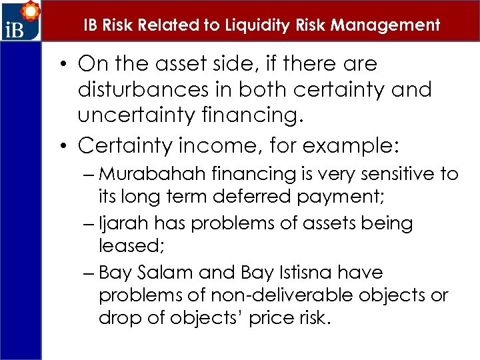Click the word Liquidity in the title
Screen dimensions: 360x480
[x=250, y=25]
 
